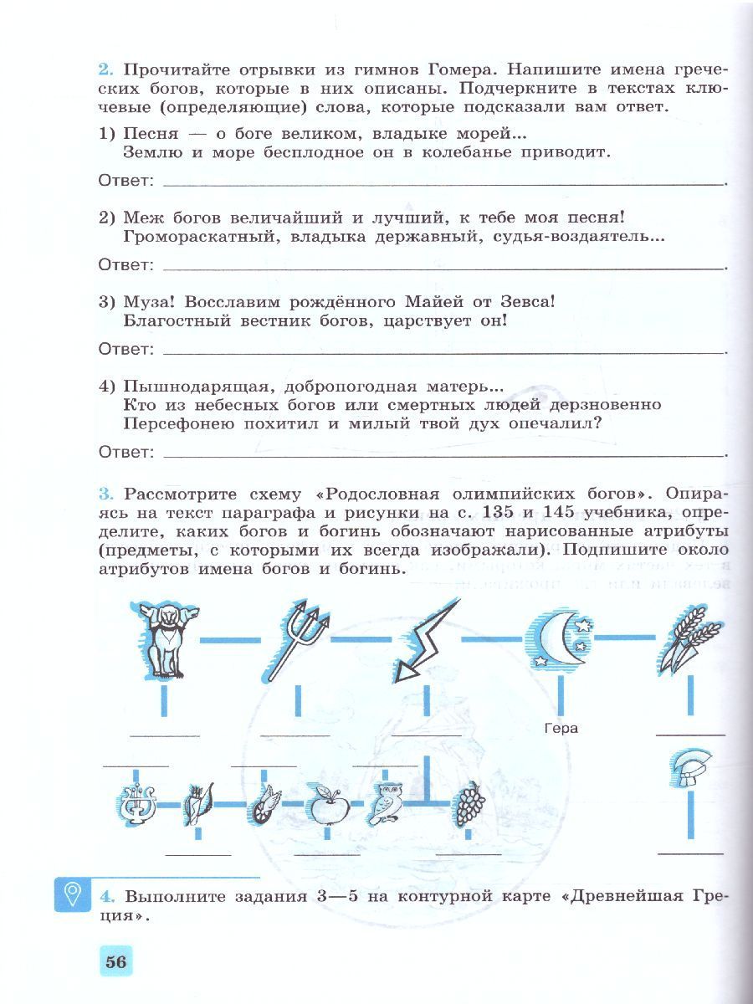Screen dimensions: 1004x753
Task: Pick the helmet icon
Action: (691, 771)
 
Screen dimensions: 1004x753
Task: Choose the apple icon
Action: (323, 804)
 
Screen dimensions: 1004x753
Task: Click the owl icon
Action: (387, 804)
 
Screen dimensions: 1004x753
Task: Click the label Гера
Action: (561, 728)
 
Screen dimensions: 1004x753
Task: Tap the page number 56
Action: (116, 962)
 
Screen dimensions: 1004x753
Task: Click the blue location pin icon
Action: (73, 895)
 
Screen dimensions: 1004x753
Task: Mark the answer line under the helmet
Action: (691, 853)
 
